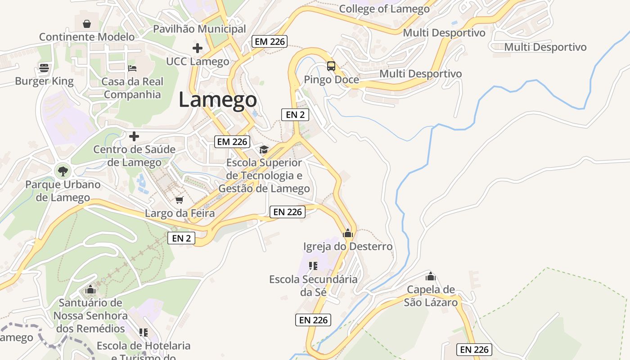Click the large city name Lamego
218,100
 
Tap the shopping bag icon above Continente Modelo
87,23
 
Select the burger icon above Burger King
44,68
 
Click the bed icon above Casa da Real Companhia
132,68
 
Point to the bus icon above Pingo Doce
331,66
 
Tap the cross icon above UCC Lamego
197,48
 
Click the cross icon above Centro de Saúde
134,136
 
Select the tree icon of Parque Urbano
63,171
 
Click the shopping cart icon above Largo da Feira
179,200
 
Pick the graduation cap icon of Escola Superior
264,149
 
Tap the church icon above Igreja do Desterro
347,233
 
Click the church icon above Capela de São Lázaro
431,276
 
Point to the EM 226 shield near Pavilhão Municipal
269,41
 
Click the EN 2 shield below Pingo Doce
295,115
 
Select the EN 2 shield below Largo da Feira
181,238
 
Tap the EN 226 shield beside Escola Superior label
288,212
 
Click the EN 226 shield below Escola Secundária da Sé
313,320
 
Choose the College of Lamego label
384,9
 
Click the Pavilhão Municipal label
199,29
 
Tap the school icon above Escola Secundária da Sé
313,265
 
